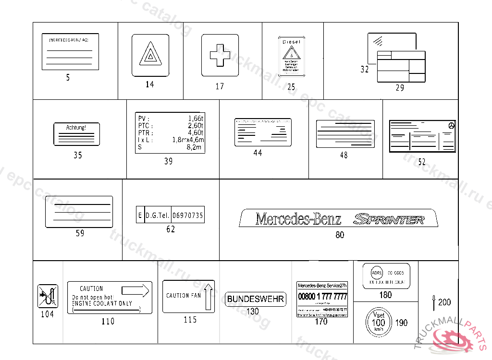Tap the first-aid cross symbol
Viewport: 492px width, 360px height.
pos(220,55)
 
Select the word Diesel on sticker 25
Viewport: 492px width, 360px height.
pos(291,42)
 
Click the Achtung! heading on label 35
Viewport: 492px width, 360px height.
pos(76,128)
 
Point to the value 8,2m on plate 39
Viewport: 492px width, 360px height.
pos(195,147)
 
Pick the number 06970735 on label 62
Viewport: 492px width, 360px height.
pos(187,216)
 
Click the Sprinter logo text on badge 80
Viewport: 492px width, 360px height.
pos(389,219)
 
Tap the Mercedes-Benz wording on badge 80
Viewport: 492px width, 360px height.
pos(298,219)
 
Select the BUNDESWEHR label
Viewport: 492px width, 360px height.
pos(256,299)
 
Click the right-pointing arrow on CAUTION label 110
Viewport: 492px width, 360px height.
pos(136,290)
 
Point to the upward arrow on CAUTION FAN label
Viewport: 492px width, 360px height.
pos(208,297)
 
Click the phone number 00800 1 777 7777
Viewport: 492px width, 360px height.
pos(322,297)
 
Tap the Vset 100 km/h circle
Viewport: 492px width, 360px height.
pos(379,322)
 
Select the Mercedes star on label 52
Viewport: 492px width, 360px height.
pos(451,125)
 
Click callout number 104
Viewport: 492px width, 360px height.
pos(47,314)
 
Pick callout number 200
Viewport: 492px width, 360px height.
pos(444,302)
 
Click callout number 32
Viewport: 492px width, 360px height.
pos(365,70)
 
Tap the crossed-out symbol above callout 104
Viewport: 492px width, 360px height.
pos(47,296)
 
